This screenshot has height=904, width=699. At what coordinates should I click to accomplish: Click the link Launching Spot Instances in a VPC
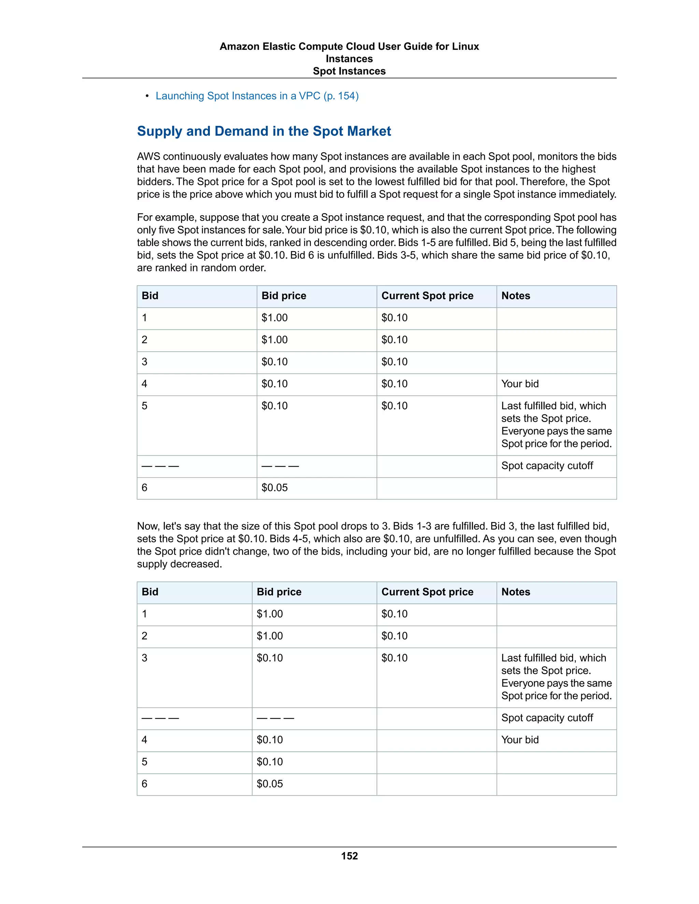[257, 96]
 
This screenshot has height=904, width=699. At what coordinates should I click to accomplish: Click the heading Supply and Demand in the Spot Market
[264, 131]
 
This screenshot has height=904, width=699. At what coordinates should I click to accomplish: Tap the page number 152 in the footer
[349, 856]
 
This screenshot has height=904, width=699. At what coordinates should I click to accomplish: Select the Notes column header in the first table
[516, 295]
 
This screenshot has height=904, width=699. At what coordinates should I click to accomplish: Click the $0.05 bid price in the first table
[274, 487]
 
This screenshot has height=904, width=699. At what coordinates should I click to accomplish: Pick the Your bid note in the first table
[520, 384]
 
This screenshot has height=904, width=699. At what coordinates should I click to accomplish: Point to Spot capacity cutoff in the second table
[547, 718]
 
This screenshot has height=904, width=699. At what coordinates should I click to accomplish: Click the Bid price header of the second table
[279, 592]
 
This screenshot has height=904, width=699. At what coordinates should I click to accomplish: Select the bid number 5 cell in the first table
[144, 406]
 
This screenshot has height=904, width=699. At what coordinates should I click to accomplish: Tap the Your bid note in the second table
[520, 740]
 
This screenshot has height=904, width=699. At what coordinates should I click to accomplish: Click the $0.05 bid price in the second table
[270, 784]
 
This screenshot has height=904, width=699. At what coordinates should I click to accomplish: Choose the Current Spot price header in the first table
[427, 295]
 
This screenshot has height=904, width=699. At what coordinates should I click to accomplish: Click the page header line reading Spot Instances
[349, 71]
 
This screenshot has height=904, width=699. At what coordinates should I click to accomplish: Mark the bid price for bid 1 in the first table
[274, 318]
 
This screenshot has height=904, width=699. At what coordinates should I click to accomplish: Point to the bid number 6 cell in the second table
[144, 784]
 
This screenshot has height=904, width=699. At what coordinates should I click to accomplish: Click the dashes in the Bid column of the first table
[160, 466]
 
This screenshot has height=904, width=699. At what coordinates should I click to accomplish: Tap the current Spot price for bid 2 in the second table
[394, 636]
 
